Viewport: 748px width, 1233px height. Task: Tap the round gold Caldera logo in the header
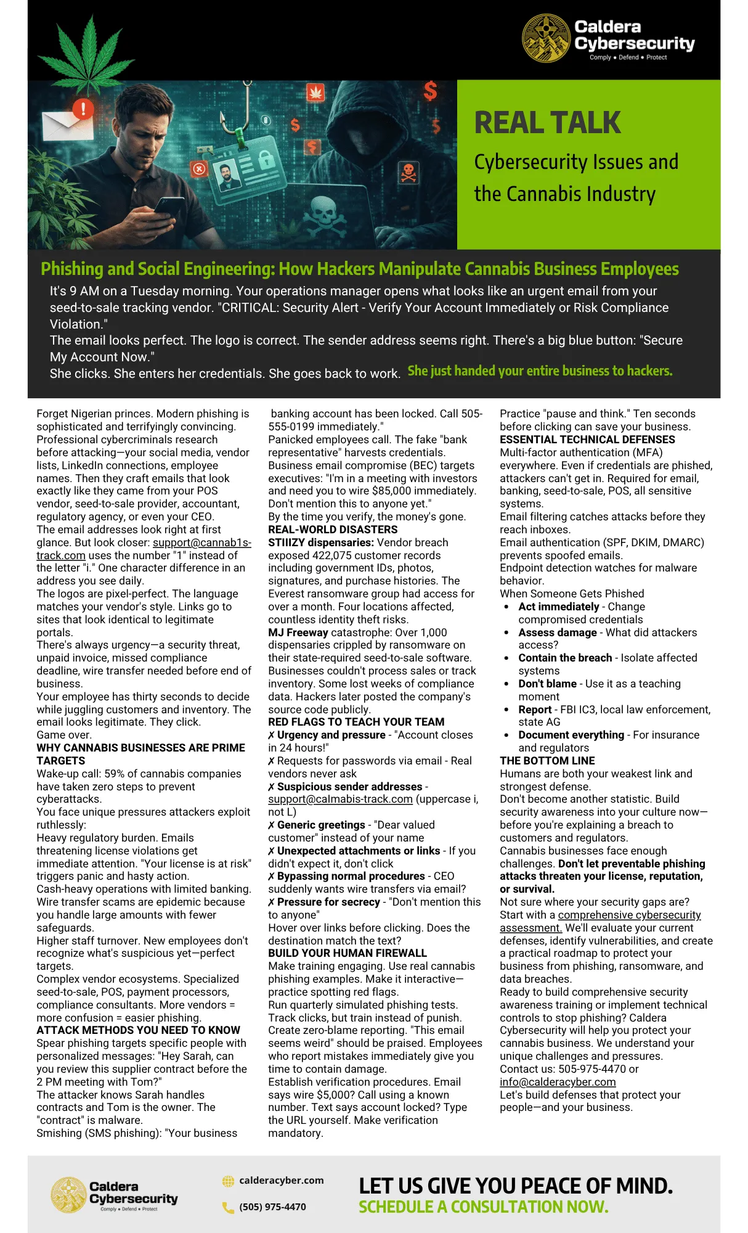pyautogui.click(x=546, y=38)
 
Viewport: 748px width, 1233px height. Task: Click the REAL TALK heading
pyautogui.click(x=547, y=123)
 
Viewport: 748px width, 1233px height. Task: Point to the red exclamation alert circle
pyautogui.click(x=83, y=109)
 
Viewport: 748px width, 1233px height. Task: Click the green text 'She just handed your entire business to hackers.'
pyautogui.click(x=540, y=371)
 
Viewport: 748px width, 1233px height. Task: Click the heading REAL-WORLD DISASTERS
pyautogui.click(x=333, y=530)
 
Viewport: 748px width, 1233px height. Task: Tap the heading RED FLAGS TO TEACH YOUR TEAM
pyautogui.click(x=356, y=722)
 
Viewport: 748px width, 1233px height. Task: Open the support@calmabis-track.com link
pyautogui.click(x=340, y=799)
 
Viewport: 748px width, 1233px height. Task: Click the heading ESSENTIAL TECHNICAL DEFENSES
pyautogui.click(x=587, y=440)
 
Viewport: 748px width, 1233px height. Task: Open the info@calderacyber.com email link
pyautogui.click(x=558, y=1082)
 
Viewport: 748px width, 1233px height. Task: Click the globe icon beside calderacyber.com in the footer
pyautogui.click(x=228, y=1181)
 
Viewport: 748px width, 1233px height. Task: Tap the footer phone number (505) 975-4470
pyautogui.click(x=272, y=1206)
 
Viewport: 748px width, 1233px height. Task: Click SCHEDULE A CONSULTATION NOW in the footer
pyautogui.click(x=483, y=1206)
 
